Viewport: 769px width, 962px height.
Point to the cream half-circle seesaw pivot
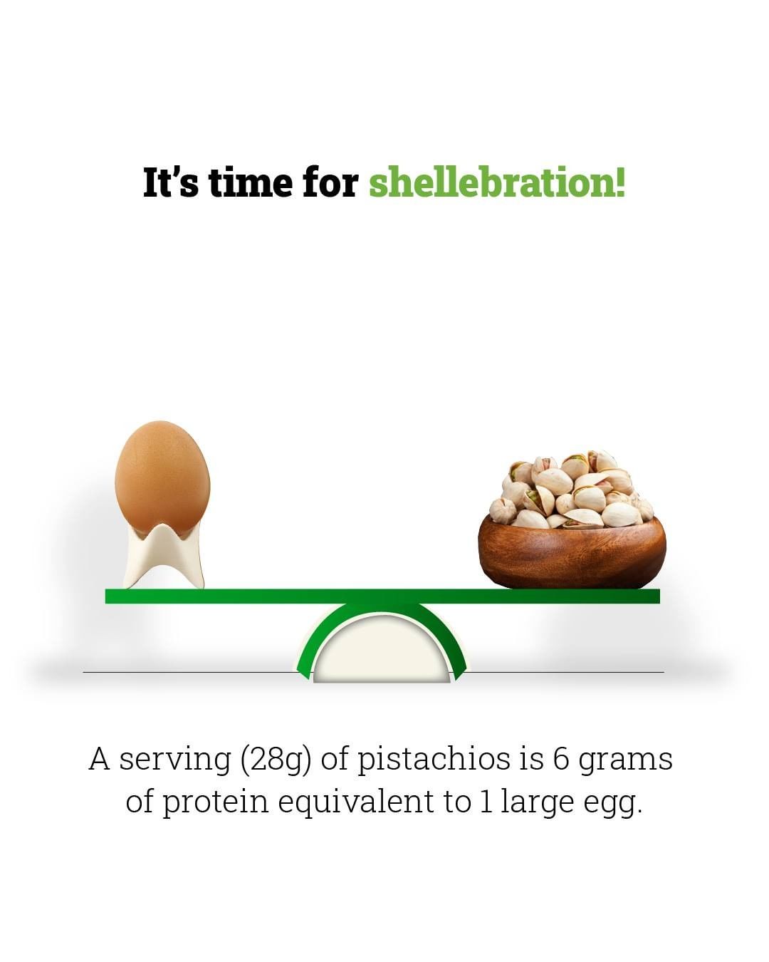click(382, 649)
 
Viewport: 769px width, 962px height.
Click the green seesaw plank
click(382, 596)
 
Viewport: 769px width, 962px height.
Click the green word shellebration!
click(497, 182)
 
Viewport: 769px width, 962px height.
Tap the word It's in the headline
click(170, 182)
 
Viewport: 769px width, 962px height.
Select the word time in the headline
click(251, 182)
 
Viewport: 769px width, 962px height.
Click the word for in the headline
click(330, 181)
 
